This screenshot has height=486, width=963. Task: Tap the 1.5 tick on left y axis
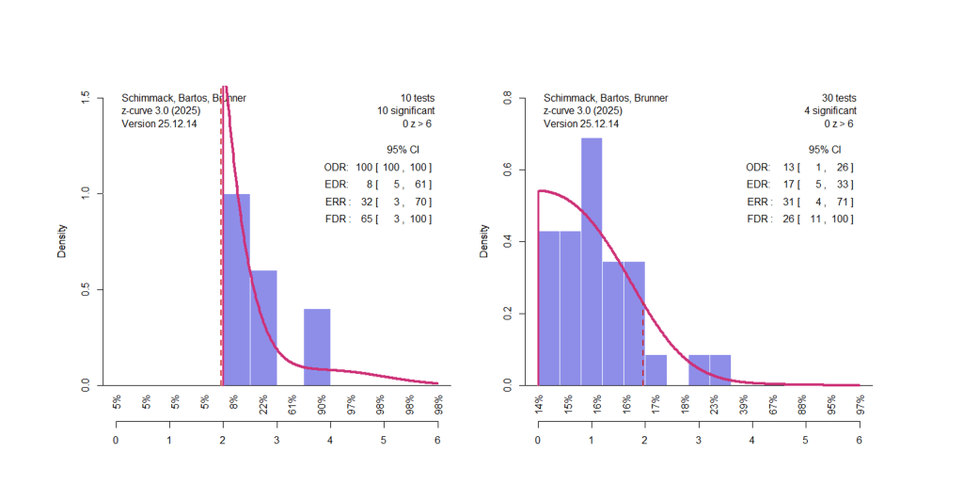point(87,95)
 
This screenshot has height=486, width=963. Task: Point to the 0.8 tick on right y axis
point(509,95)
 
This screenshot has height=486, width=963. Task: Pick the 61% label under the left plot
point(294,404)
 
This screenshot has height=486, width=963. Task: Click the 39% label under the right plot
point(746,404)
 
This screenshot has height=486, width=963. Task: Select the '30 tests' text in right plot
point(837,98)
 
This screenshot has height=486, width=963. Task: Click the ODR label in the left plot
point(335,168)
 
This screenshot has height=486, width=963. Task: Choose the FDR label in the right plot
point(757,219)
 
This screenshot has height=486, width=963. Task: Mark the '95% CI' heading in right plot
point(824,150)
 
